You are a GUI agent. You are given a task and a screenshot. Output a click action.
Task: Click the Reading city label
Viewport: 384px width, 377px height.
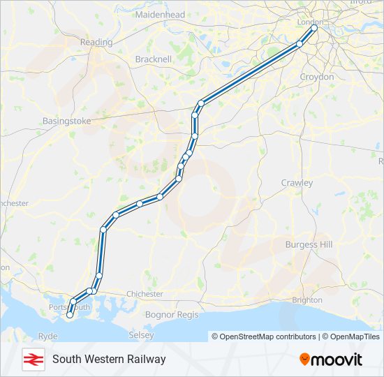click(x=96, y=42)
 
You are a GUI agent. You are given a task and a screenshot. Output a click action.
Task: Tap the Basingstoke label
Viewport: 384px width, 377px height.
click(x=67, y=121)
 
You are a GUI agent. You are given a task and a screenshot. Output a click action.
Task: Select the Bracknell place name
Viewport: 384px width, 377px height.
click(x=153, y=59)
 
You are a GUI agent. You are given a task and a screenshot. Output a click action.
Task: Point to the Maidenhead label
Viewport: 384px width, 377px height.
click(x=160, y=14)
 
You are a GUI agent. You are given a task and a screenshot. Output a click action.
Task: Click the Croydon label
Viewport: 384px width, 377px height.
click(x=316, y=76)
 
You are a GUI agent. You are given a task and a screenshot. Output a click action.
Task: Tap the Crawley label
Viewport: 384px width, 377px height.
click(x=297, y=182)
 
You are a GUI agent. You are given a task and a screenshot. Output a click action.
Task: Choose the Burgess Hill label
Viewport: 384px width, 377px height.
click(x=309, y=244)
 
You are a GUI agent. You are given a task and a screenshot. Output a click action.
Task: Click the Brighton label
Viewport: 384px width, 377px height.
click(x=307, y=300)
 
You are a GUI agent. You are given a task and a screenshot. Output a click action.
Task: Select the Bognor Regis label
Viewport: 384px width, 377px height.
click(x=172, y=315)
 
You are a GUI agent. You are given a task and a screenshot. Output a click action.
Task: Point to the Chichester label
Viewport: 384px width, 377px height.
click(x=145, y=294)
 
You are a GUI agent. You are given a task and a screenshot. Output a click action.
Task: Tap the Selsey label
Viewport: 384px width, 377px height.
click(x=142, y=336)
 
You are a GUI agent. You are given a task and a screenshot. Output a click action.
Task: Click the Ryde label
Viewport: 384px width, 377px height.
click(x=47, y=336)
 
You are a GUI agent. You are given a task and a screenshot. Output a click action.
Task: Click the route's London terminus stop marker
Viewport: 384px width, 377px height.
click(x=314, y=29)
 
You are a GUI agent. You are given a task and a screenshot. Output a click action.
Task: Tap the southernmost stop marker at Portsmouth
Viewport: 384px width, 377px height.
click(x=69, y=315)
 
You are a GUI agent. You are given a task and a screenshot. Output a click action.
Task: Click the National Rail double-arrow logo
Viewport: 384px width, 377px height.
click(x=31, y=359)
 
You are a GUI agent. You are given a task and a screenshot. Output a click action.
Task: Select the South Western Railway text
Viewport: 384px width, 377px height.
click(x=109, y=359)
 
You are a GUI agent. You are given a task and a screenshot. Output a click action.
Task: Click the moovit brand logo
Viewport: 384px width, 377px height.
click(x=331, y=359)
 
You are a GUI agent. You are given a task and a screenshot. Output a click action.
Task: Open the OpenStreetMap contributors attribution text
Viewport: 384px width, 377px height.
click(x=264, y=337)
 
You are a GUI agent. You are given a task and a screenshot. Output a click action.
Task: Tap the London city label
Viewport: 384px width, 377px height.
click(x=311, y=22)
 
